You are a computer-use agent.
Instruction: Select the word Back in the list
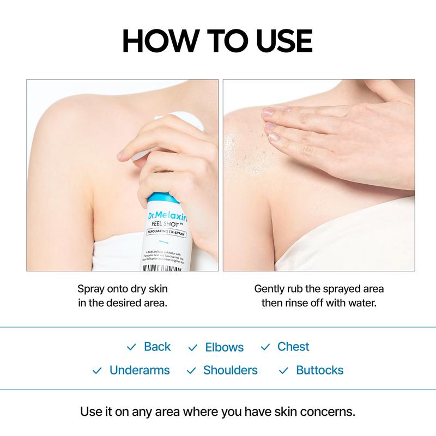click(157, 347)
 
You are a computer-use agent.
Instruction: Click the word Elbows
click(224, 348)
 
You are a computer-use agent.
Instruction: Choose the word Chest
click(293, 347)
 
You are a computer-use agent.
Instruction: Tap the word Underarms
click(140, 371)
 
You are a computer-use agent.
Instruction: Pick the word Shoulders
click(230, 371)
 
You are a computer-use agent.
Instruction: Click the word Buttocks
click(319, 371)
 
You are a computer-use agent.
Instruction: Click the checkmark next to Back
click(131, 348)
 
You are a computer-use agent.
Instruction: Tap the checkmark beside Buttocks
click(283, 371)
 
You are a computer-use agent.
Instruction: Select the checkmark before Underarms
click(97, 371)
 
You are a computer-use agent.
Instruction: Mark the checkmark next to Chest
click(265, 348)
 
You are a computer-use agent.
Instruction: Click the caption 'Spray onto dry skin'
click(122, 288)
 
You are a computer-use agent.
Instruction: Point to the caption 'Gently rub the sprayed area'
click(319, 288)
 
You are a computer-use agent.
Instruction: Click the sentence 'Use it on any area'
click(217, 410)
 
